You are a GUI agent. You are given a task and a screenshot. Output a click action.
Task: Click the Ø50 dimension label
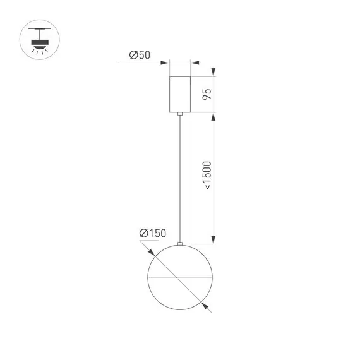[140, 56]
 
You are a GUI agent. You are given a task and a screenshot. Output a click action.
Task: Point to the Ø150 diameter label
[152, 234]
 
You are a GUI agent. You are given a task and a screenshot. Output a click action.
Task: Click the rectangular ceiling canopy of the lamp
[181, 94]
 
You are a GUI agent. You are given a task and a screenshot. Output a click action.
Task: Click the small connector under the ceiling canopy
[181, 114]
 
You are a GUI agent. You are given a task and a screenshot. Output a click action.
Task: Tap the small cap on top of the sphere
[181, 243]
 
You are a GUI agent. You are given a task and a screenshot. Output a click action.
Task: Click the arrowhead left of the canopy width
[165, 63]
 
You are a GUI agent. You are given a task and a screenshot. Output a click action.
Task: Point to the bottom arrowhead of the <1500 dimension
[213, 239]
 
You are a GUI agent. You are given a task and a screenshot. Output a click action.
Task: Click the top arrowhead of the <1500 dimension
[213, 117]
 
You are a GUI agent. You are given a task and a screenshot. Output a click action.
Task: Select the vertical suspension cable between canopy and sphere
[181, 177]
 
